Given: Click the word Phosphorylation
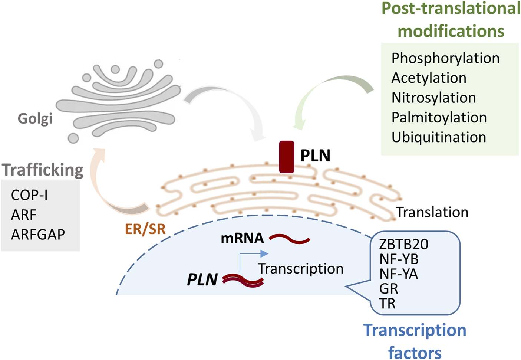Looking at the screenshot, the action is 445,58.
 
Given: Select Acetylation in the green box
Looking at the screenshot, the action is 429,78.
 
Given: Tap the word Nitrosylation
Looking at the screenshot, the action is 434,98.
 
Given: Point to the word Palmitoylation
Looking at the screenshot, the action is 439,118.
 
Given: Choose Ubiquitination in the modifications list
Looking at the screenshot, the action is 439,137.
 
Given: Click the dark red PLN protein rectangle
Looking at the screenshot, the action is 287,157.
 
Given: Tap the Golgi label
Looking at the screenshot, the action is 35,119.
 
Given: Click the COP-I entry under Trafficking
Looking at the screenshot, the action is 29,195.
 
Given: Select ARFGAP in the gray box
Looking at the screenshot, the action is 38,235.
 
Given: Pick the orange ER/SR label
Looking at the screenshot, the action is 145,229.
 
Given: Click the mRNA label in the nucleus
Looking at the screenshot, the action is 243,238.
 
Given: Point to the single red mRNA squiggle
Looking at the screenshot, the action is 289,239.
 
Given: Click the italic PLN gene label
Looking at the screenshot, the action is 202,279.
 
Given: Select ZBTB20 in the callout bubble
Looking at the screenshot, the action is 403,245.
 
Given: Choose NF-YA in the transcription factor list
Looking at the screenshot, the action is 399,274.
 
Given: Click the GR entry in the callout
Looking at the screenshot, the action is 389,289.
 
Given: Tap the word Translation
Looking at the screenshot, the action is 432,212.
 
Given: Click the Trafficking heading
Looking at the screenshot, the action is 43,170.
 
